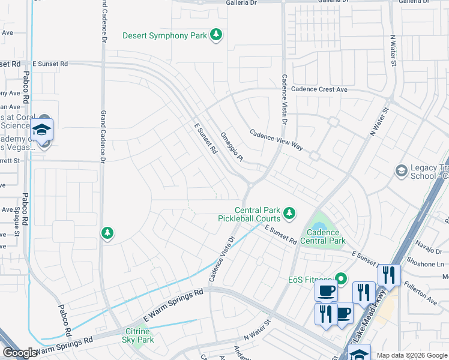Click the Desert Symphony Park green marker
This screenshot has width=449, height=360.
[216, 36]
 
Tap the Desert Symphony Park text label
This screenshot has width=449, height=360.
[164, 36]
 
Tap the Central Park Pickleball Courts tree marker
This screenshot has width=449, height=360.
[289, 212]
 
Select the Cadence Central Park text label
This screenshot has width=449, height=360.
[326, 236]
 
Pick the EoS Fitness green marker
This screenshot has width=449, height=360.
[341, 278]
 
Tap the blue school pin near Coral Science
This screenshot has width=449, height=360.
[41, 130]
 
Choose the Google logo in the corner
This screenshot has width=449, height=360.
[19, 353]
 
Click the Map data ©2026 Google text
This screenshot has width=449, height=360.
[412, 355]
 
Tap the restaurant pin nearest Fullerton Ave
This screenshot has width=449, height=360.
[389, 275]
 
